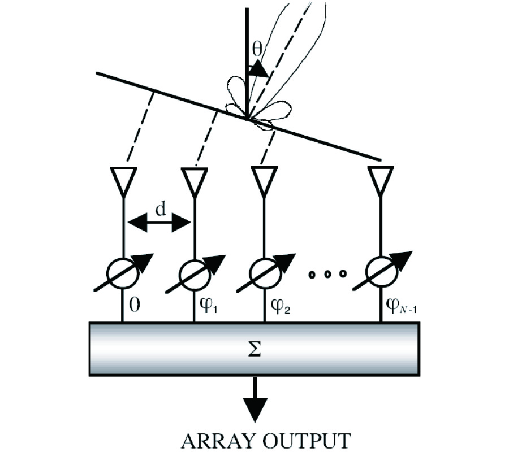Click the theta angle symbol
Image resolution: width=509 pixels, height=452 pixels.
(x=258, y=50)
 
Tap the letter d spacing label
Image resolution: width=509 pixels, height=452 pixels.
(x=160, y=210)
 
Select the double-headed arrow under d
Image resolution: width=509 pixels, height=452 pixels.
(x=158, y=224)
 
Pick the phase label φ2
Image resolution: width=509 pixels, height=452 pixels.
(x=278, y=310)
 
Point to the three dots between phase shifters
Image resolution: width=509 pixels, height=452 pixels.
(x=327, y=275)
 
